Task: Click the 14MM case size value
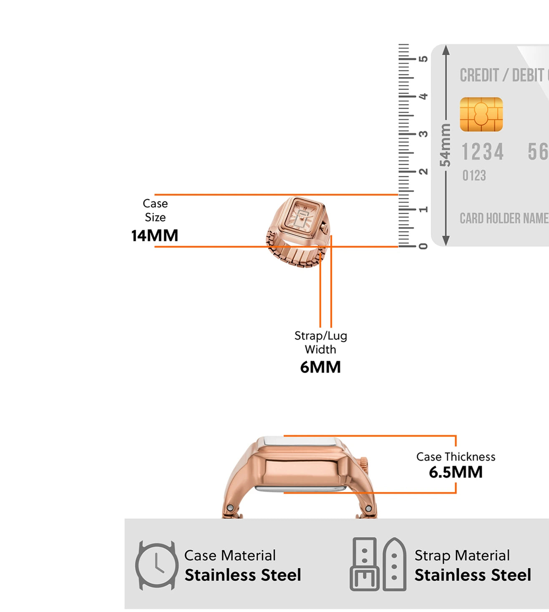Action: (155, 236)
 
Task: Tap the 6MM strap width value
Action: (320, 367)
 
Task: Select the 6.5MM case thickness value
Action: (456, 472)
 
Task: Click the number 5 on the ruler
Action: (423, 59)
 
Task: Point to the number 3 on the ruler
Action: (423, 134)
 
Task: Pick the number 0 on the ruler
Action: (423, 246)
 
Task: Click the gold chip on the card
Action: (481, 114)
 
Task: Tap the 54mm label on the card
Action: (445, 145)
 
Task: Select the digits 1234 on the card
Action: (483, 152)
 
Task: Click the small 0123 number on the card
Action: (474, 176)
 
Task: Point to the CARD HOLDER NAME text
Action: (504, 218)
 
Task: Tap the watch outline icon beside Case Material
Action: (156, 565)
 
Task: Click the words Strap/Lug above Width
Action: (320, 336)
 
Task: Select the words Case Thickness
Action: (456, 457)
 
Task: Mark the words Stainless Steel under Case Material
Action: (243, 575)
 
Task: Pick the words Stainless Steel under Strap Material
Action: (473, 575)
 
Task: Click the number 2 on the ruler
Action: (423, 171)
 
